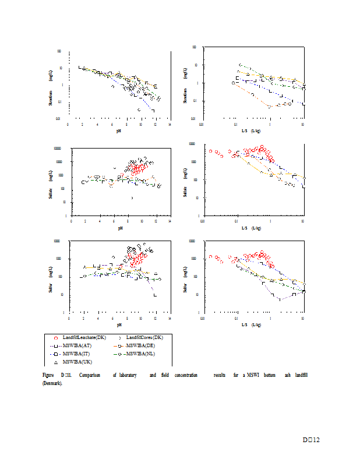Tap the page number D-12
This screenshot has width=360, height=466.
click(311, 440)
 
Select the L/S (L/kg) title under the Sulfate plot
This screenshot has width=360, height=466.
click(252, 228)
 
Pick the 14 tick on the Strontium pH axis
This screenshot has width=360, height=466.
click(170, 124)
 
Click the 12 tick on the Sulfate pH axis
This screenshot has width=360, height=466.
click(156, 221)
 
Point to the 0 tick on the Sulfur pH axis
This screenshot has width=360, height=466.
click(69, 318)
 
